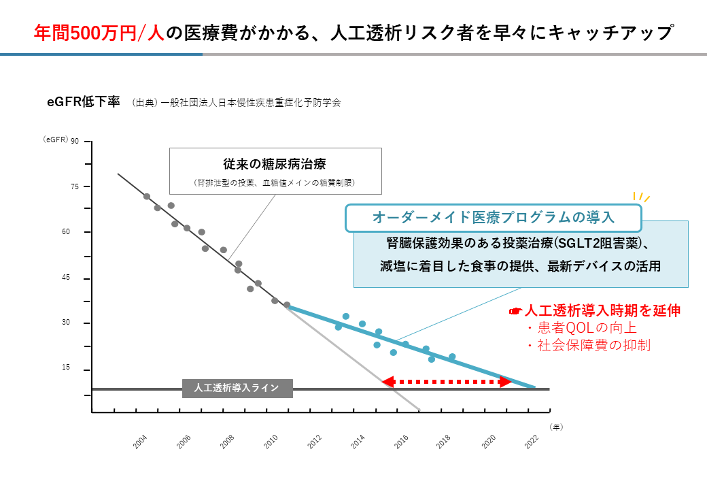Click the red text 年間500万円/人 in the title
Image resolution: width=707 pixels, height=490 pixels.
99,32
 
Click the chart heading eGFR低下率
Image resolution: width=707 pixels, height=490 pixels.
84,102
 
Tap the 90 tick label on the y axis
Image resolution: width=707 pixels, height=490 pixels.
75,142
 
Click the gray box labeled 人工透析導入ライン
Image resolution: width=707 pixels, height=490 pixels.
237,389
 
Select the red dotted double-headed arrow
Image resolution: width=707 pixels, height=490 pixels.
446,382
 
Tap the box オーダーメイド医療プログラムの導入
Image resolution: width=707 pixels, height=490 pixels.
494,218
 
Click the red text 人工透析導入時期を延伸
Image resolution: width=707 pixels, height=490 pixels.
602,310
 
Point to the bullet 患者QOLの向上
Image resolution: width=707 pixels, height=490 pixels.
587,328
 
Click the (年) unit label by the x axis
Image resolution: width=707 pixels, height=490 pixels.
556,427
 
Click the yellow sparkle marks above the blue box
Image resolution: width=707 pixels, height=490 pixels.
642,197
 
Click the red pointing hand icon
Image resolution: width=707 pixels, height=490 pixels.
515,311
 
